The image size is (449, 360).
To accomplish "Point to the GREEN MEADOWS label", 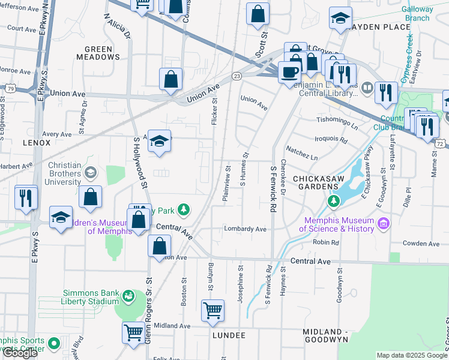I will coord(98,53).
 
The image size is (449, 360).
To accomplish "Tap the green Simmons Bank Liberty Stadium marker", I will coord(128,296).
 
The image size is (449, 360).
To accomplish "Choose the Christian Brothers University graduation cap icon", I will coord(91,173).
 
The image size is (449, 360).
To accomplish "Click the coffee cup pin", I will coord(289,72).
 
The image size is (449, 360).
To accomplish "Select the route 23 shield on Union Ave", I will coord(237,76).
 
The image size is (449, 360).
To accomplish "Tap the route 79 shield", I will coord(11,88).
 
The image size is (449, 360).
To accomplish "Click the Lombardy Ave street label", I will coord(245,229).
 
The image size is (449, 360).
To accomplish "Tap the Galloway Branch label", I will coord(417,13).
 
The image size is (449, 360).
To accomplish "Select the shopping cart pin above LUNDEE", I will coord(212,311).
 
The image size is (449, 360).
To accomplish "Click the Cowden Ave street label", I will coord(422,244).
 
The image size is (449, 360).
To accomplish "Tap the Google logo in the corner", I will coord(20,353).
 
